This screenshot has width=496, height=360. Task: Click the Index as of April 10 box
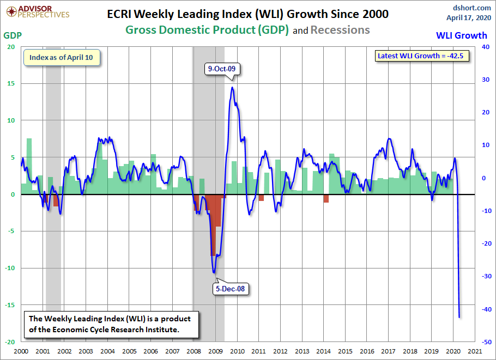tap(61, 57)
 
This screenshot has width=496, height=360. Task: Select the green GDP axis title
tap(13, 35)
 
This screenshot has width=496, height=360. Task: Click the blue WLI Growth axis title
tap(461, 35)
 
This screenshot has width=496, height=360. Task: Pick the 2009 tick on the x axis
tap(215, 352)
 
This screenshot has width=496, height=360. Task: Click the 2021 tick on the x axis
tap(475, 352)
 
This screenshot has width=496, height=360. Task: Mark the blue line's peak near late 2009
tap(232, 87)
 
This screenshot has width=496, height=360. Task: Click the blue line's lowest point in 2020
tap(459, 317)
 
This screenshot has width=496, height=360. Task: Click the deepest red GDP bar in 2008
tap(213, 225)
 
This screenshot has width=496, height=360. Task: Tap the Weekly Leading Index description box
tap(110, 325)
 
